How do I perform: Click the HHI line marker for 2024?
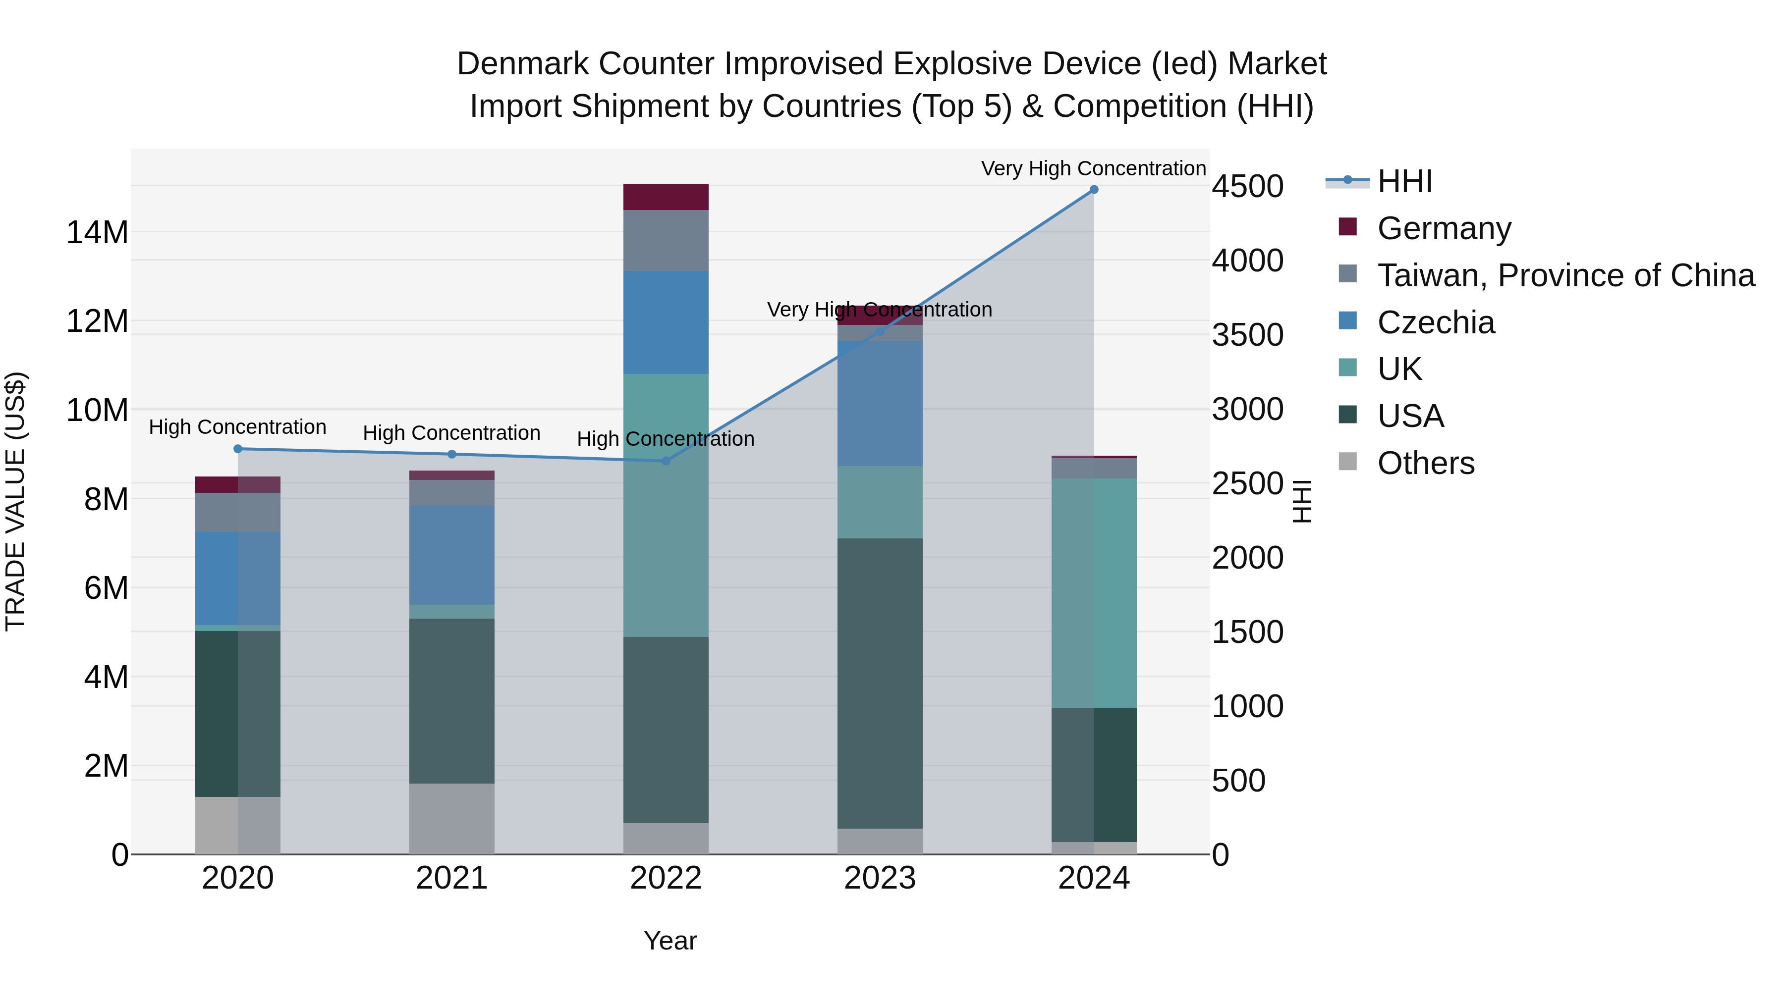click(1094, 190)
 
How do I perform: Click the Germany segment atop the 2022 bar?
click(666, 197)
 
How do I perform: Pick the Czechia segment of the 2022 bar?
click(666, 322)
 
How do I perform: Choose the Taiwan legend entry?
click(1565, 275)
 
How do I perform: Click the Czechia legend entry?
click(1436, 322)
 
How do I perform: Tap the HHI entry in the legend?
click(1404, 181)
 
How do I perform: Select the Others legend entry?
click(1425, 463)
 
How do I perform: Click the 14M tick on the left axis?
click(97, 233)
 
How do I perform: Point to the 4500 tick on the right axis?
click(1247, 186)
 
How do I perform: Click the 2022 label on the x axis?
click(666, 878)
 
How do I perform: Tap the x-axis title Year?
click(669, 941)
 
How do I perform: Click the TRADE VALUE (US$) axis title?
click(15, 501)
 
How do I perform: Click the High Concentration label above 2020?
click(237, 427)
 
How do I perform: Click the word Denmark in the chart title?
click(522, 64)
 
